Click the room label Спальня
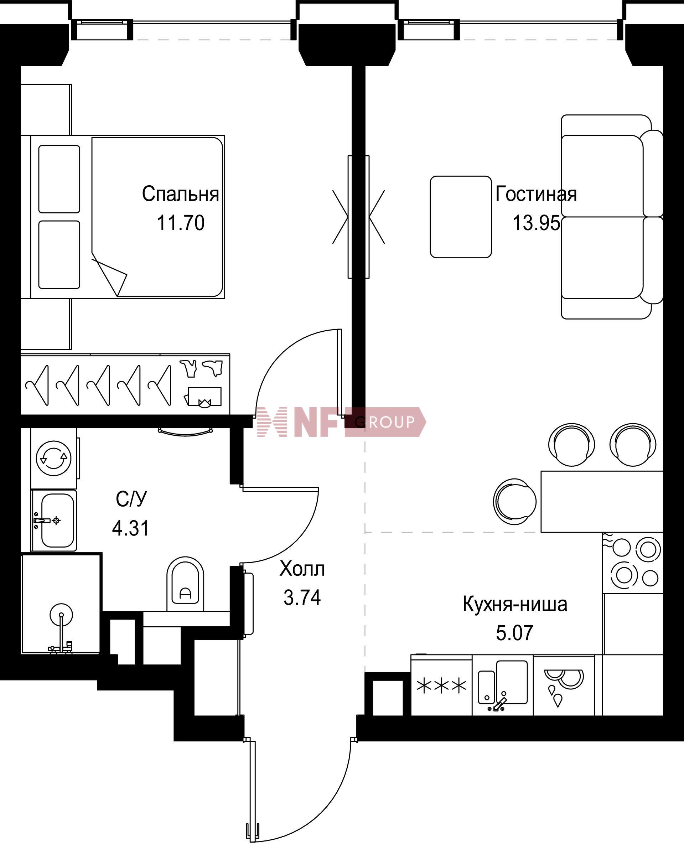pyautogui.click(x=181, y=194)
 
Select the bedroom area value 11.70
pyautogui.click(x=181, y=223)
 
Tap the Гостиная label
pyautogui.click(x=536, y=194)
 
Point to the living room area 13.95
pyautogui.click(x=536, y=223)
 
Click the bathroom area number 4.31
pyautogui.click(x=131, y=528)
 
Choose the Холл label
pyautogui.click(x=302, y=569)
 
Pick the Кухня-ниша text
pyautogui.click(x=515, y=604)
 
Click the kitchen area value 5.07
pyautogui.click(x=514, y=633)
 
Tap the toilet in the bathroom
pyautogui.click(x=185, y=584)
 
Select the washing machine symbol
pyautogui.click(x=54, y=458)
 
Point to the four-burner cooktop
pyautogui.click(x=633, y=564)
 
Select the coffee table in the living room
pyautogui.click(x=461, y=217)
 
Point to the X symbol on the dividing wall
pyautogui.click(x=358, y=217)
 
